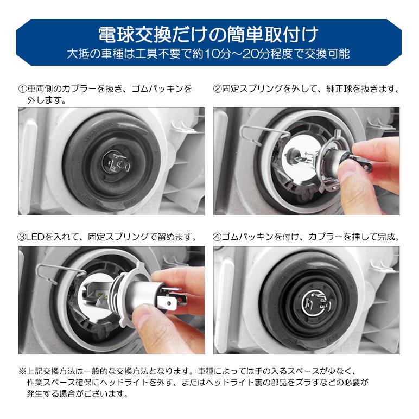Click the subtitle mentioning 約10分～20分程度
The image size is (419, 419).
[x=209, y=54]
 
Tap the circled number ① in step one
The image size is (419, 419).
[x=23, y=88]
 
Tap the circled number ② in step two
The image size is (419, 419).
[x=218, y=88]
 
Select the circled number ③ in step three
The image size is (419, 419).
[x=23, y=237]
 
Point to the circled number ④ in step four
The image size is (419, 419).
[x=218, y=237]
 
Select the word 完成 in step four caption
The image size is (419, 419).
[x=390, y=237]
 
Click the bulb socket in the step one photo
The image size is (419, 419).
[x=116, y=160]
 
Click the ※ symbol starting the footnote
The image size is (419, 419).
[x=22, y=372]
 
